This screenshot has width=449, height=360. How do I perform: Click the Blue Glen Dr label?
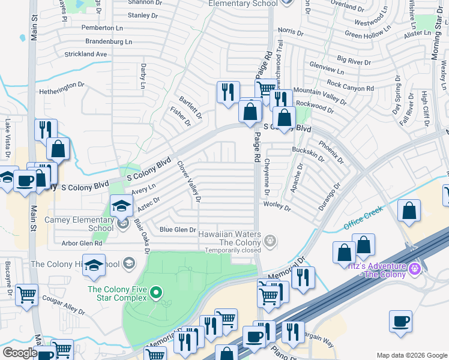[x=178, y=230]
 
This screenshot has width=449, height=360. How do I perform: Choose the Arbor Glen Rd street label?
[x=82, y=243]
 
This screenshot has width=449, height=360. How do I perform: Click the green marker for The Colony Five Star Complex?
[x=156, y=293]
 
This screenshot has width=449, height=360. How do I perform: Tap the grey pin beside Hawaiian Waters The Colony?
[x=271, y=241]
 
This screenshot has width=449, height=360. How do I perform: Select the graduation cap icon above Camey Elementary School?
[x=121, y=206]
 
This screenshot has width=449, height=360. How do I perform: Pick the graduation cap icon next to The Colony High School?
[x=94, y=265]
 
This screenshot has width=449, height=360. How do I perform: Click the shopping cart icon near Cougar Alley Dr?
[x=26, y=295]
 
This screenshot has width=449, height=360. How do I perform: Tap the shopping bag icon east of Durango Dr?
[x=409, y=211]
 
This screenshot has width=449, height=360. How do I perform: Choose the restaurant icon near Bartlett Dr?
[x=228, y=92]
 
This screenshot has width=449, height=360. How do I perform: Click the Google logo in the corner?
[x=20, y=353]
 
